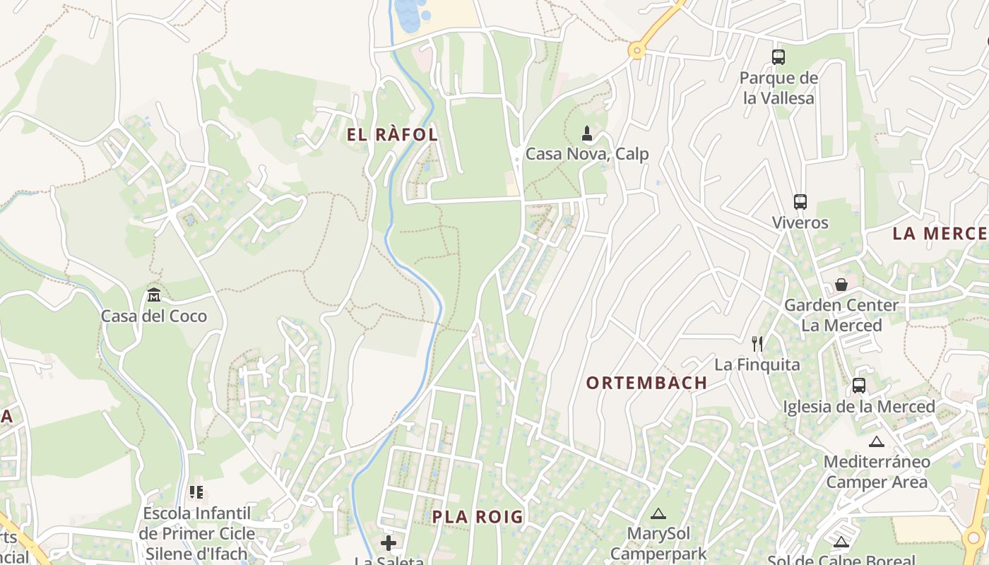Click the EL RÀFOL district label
click(x=393, y=135)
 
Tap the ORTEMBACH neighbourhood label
click(x=646, y=383)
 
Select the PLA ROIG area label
click(x=478, y=517)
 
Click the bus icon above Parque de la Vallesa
click(x=778, y=57)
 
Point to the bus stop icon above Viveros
click(x=800, y=202)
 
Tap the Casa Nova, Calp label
click(x=587, y=154)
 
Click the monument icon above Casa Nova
click(x=586, y=133)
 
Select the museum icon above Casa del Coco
click(x=154, y=295)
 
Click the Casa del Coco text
click(x=154, y=316)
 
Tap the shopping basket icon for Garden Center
click(x=841, y=285)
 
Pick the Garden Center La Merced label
click(x=841, y=315)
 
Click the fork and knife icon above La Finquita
click(x=757, y=344)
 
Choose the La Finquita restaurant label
click(x=757, y=365)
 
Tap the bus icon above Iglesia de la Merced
click(x=859, y=386)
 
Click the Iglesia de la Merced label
click(x=859, y=407)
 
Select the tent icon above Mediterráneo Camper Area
click(x=877, y=442)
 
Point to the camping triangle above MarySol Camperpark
click(x=658, y=513)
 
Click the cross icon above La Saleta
click(x=389, y=543)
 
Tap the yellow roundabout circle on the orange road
click(x=637, y=49)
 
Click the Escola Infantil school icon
click(x=196, y=492)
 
